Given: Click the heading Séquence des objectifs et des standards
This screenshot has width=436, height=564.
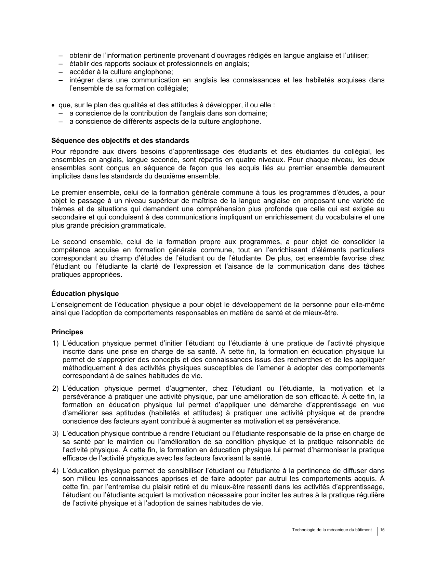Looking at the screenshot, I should pyautogui.click(x=120, y=140).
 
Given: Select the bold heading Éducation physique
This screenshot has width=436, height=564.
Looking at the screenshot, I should pyautogui.click(x=85, y=294).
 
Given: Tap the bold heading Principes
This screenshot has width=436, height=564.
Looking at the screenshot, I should pyautogui.click(x=67, y=332).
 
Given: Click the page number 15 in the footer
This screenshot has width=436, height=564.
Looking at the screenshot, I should pyautogui.click(x=383, y=530).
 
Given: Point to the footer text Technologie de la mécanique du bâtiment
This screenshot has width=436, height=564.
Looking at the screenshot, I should pyautogui.click(x=332, y=530).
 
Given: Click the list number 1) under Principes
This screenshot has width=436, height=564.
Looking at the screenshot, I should pyautogui.click(x=55, y=343).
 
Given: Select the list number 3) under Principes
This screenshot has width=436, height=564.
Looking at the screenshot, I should pyautogui.click(x=55, y=434).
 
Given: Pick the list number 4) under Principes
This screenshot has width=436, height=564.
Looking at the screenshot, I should pyautogui.click(x=55, y=471).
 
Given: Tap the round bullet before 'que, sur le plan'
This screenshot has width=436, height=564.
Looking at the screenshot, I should pyautogui.click(x=53, y=105).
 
